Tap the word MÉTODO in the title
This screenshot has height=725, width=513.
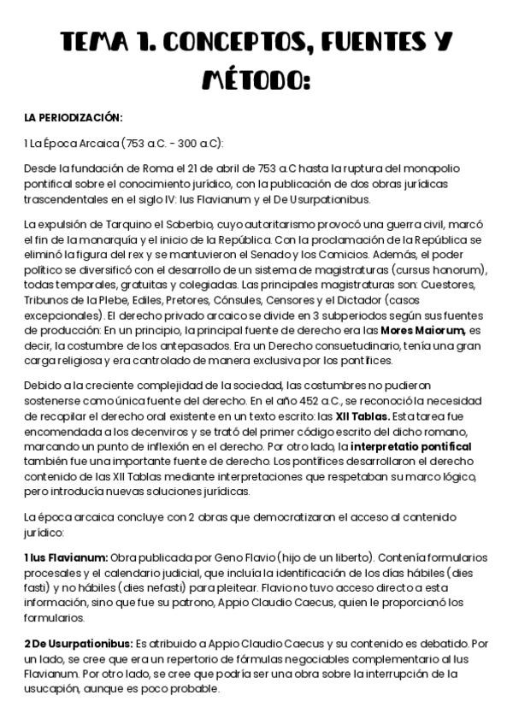[x=254, y=80]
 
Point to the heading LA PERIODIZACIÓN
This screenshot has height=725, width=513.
[x=74, y=117]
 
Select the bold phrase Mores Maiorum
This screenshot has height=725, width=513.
[x=416, y=306]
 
